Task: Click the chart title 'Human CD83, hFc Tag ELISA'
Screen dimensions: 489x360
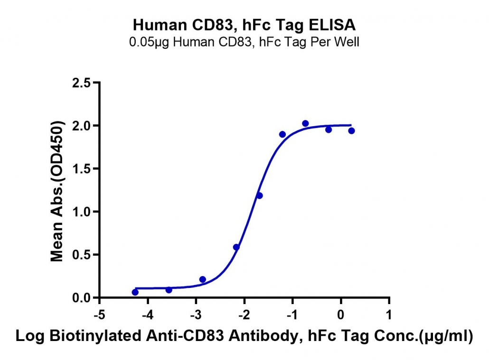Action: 244,25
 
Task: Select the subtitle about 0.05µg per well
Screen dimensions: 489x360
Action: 244,42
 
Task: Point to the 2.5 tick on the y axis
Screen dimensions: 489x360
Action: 81,83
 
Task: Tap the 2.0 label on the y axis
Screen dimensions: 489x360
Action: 81,126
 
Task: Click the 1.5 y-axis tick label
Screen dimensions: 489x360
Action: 81,169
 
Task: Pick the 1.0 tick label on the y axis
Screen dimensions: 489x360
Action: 81,212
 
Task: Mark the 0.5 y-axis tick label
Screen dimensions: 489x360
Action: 81,255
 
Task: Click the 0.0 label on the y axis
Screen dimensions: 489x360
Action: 81,298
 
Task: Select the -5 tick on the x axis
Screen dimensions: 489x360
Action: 100,314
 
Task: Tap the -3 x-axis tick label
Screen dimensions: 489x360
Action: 196,314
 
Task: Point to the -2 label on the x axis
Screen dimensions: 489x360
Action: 244,314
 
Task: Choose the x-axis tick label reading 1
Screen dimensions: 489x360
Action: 389,314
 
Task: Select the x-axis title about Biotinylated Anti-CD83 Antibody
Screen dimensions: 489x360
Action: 244,336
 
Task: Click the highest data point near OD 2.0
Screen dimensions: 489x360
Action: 305,123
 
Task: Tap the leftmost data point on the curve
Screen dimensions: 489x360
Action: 135,292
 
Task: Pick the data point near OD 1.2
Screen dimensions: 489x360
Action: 259,195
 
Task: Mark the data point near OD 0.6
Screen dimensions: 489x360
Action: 236,247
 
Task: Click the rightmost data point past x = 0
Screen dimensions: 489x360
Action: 351,130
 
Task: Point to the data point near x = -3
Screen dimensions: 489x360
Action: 202,279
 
